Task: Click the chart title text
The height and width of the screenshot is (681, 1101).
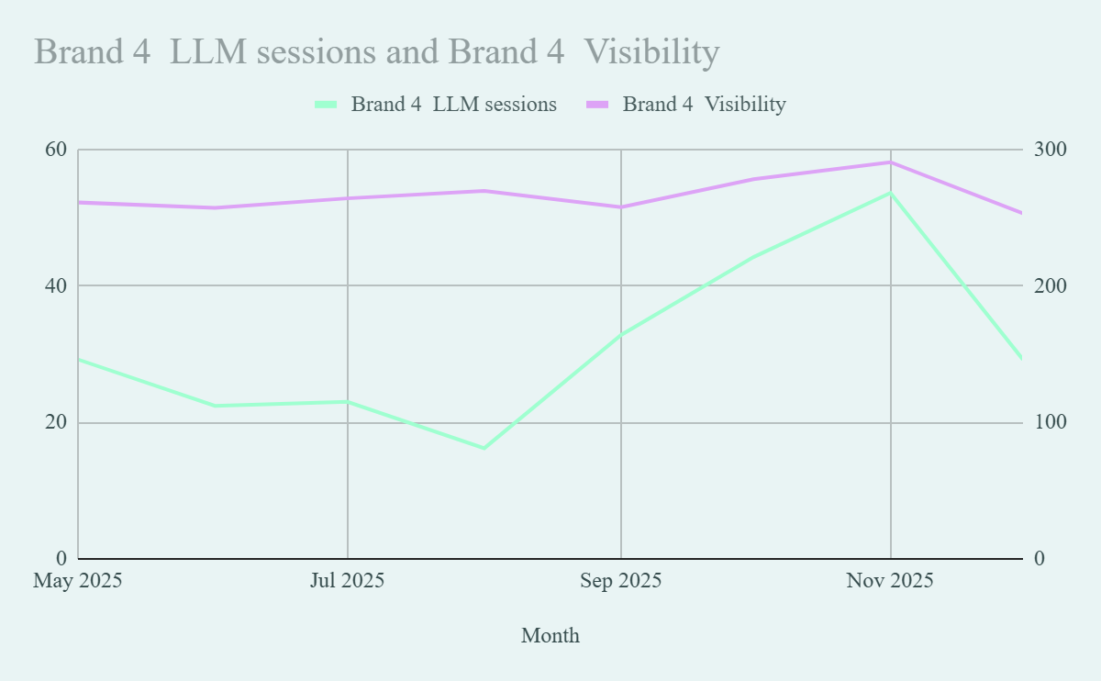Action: click(x=376, y=52)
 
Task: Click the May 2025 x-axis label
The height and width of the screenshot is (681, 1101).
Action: click(x=78, y=581)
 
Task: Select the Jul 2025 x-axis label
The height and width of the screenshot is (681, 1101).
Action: click(x=347, y=581)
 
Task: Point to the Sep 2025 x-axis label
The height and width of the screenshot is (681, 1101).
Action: click(x=621, y=581)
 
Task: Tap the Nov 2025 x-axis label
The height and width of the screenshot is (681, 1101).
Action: click(x=890, y=581)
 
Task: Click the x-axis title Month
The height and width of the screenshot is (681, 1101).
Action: click(x=550, y=635)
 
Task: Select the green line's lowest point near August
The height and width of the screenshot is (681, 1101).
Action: click(x=484, y=448)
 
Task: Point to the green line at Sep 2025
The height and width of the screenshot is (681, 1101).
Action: click(x=621, y=334)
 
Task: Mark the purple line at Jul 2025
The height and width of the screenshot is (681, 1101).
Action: click(x=347, y=198)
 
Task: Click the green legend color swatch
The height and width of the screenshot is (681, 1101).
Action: click(x=327, y=105)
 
